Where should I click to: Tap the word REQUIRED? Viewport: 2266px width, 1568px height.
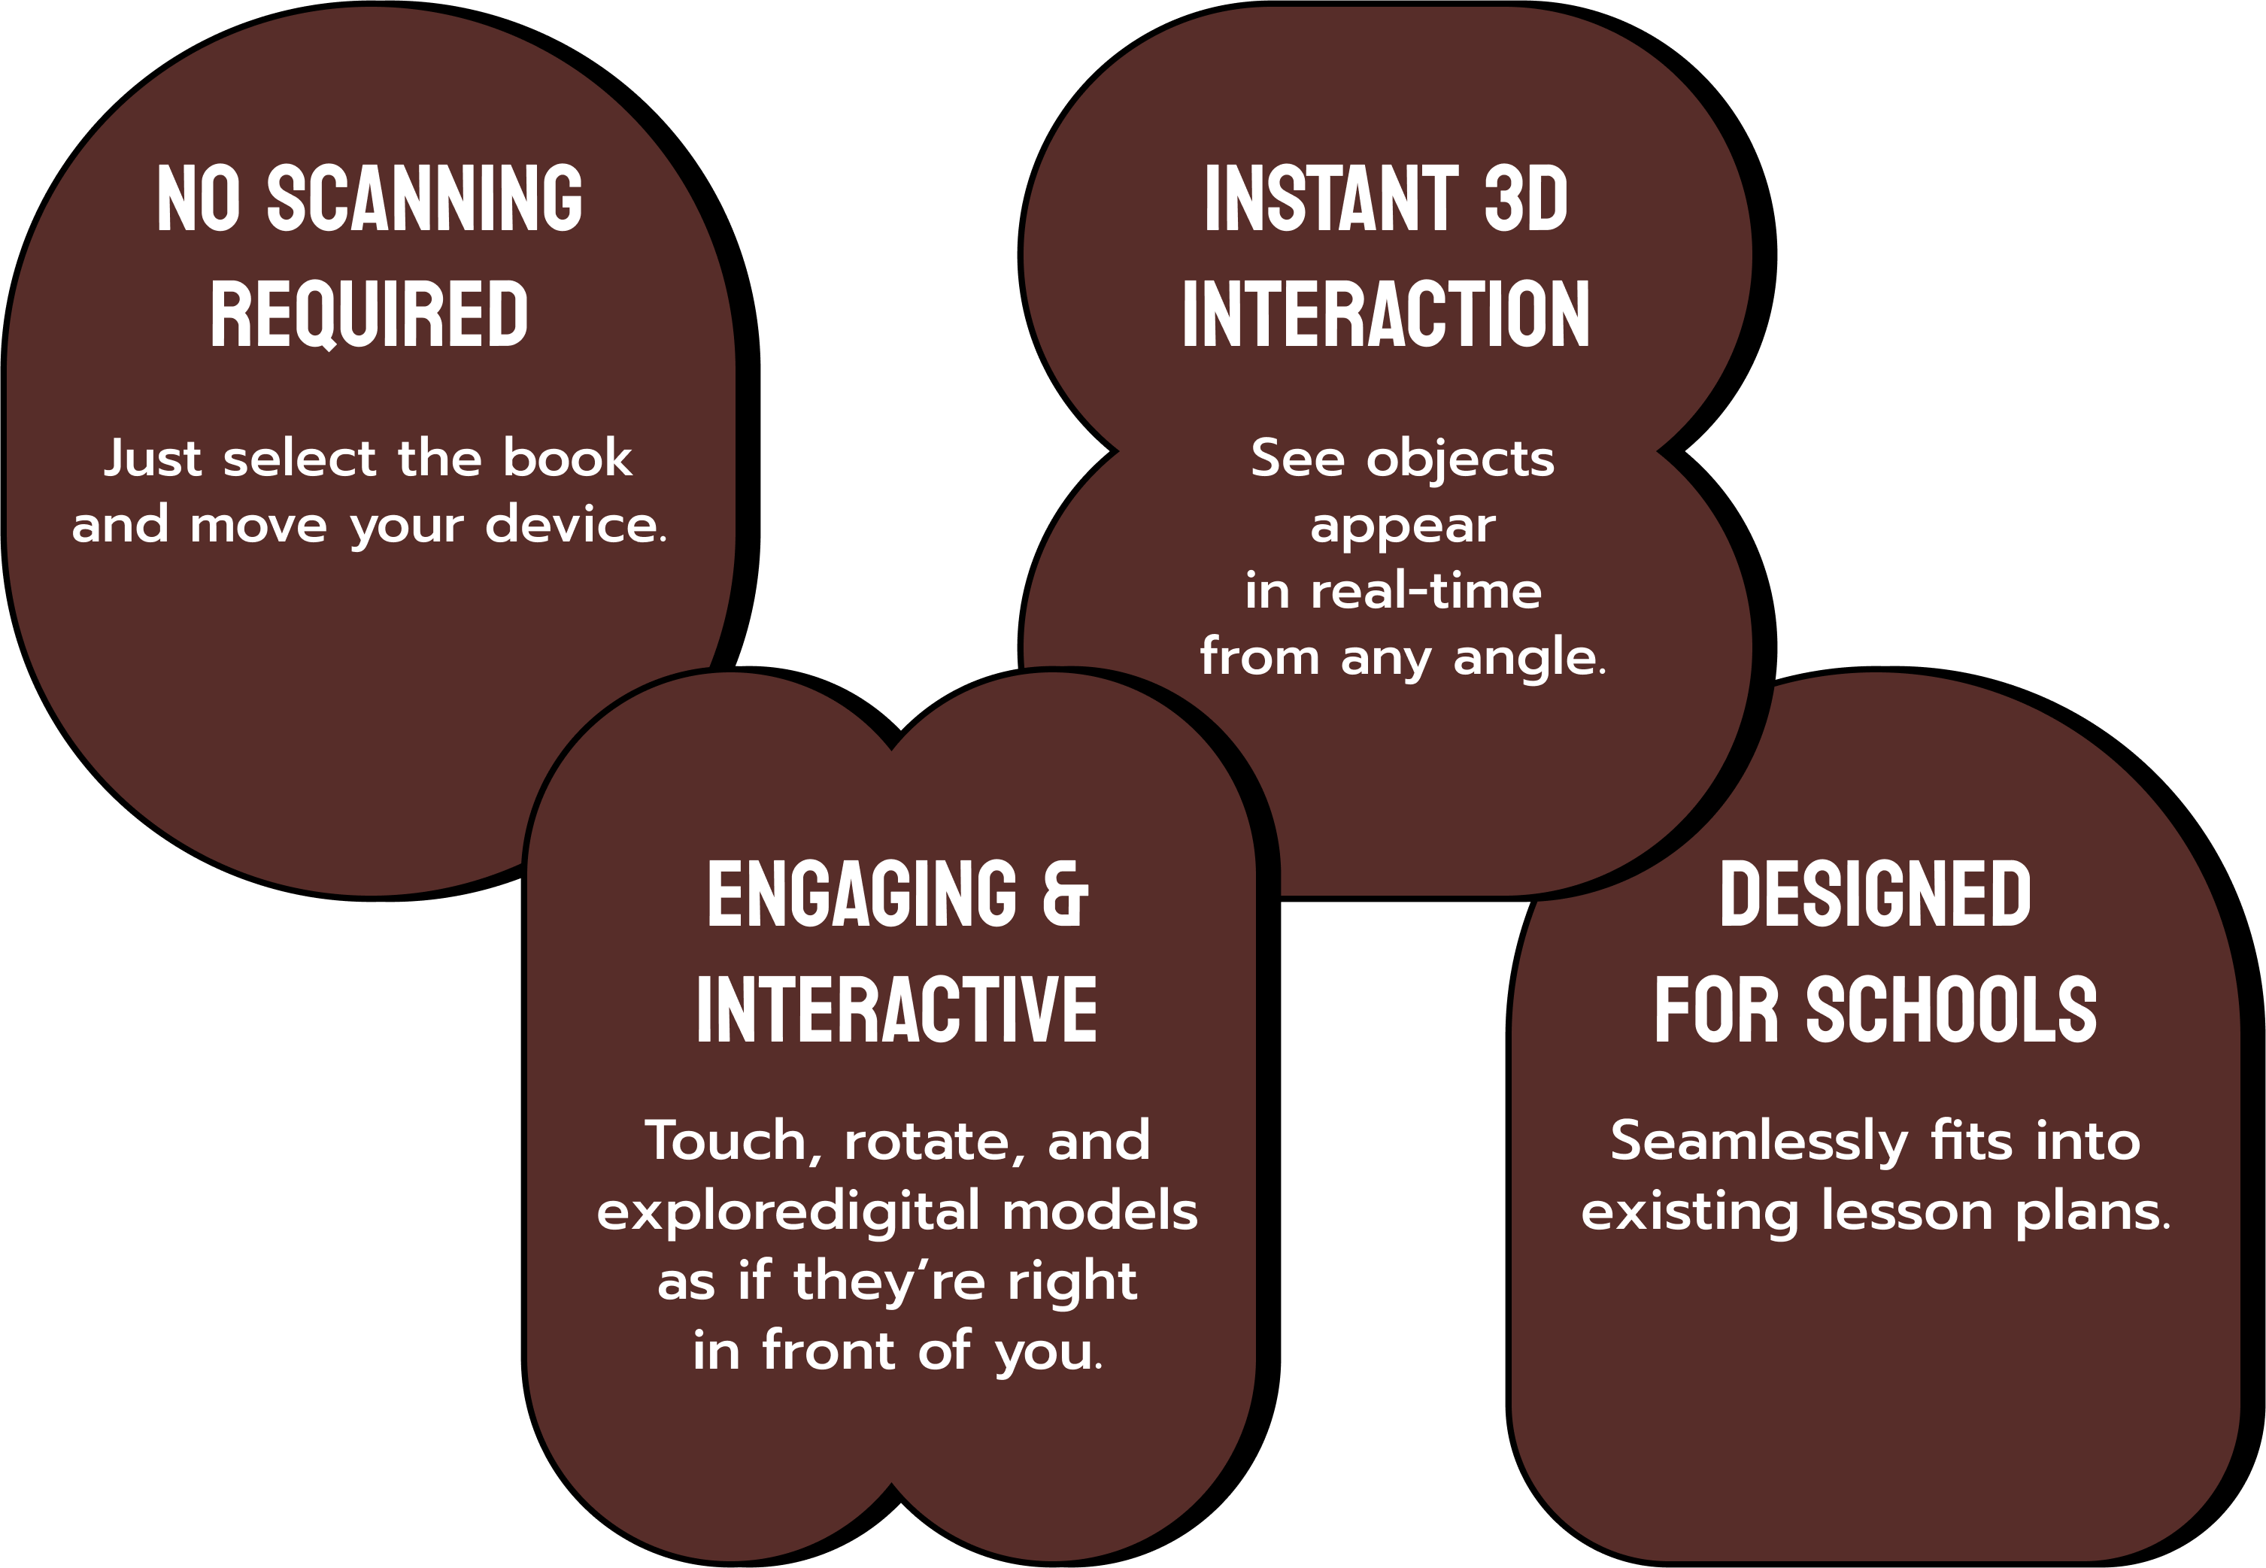click(x=369, y=314)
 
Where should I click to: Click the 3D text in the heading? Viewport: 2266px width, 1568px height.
click(x=1525, y=199)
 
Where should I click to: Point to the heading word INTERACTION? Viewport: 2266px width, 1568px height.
click(x=1386, y=314)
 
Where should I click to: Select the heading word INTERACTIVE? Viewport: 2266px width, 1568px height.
click(x=896, y=1010)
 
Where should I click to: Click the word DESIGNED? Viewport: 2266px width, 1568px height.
click(x=1875, y=894)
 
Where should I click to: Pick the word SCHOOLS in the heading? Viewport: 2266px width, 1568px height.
click(x=1951, y=1010)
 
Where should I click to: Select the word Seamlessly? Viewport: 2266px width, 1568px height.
click(x=1758, y=1142)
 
